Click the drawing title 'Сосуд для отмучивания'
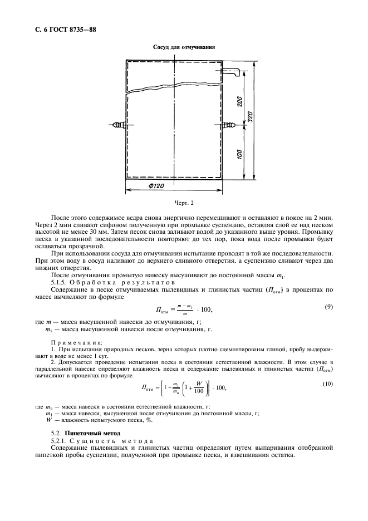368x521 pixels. coord(184,47)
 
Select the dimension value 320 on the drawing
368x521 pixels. coord(251,119)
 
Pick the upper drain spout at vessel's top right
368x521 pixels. coord(232,72)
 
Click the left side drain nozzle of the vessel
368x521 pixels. coord(119,125)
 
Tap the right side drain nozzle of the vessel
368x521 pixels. coord(228,125)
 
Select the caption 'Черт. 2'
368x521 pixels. coord(184,203)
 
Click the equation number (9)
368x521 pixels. coord(328,307)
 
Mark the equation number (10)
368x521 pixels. coord(327,384)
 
